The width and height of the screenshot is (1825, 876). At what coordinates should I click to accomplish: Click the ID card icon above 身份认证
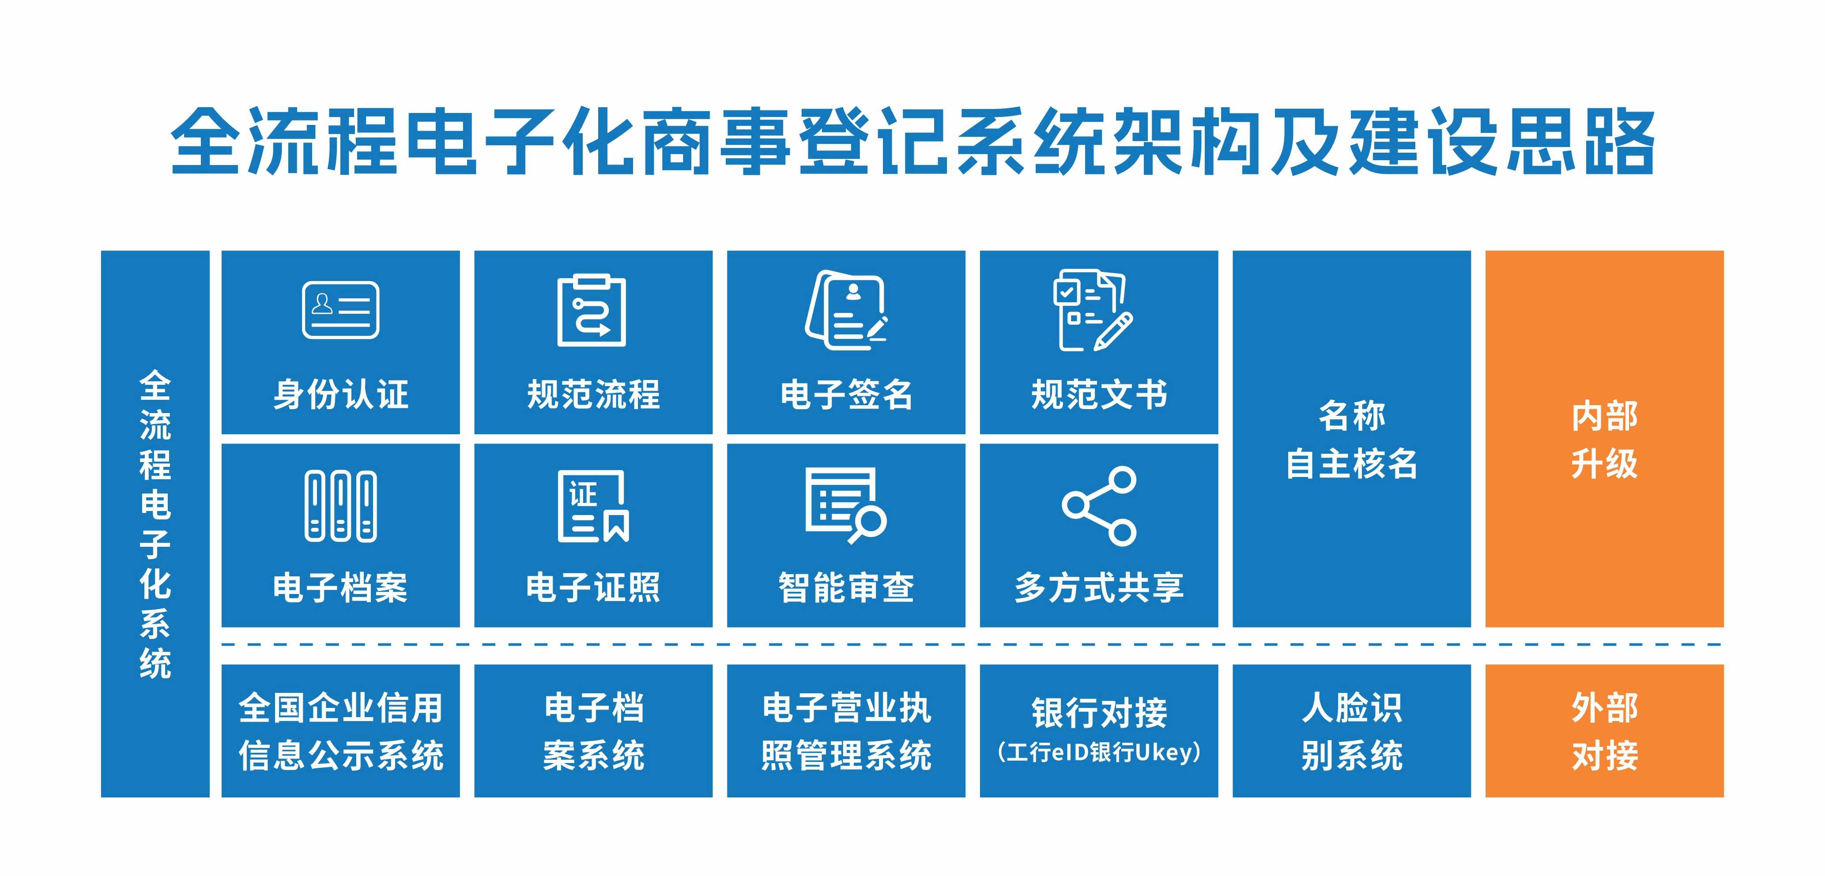click(x=341, y=310)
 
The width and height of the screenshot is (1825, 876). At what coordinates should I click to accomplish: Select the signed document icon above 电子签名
click(x=846, y=309)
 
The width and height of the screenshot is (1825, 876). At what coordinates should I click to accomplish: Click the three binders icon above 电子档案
click(x=341, y=506)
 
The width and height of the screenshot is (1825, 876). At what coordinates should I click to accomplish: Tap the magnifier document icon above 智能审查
click(x=846, y=505)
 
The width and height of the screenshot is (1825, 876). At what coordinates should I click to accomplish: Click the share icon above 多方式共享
click(x=1099, y=506)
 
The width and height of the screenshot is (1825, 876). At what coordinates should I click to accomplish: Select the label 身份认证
click(x=341, y=395)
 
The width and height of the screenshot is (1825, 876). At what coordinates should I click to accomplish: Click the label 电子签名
click(x=846, y=395)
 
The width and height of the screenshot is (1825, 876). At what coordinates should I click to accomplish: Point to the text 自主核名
click(x=1352, y=464)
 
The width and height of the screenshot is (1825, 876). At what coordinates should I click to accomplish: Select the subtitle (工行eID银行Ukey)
click(x=1099, y=752)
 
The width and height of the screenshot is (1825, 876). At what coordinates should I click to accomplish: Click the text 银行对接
click(x=1099, y=712)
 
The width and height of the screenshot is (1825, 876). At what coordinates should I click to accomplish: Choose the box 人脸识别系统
click(x=1352, y=731)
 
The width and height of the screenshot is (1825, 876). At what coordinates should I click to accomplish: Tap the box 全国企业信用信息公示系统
click(x=341, y=731)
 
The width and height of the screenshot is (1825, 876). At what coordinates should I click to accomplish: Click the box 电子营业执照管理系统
click(x=846, y=731)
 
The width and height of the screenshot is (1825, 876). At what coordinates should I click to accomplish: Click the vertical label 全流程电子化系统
click(x=155, y=524)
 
